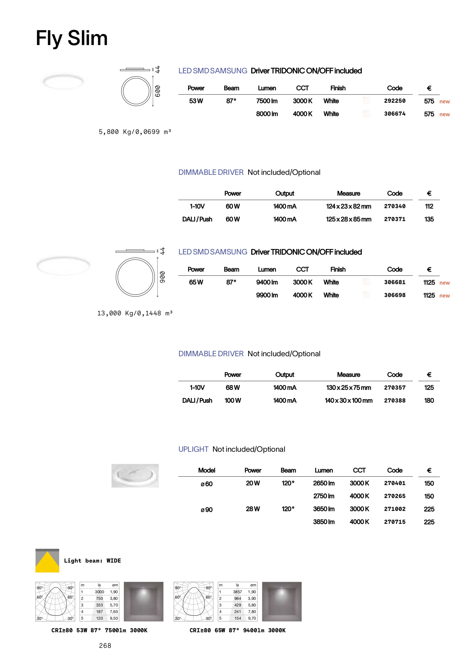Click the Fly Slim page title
coord(72,38)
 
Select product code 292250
coord(395,101)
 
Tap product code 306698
coord(395,295)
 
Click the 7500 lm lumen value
coord(267,101)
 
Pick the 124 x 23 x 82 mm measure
coord(349,206)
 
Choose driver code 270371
coord(395,219)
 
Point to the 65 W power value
coord(196,282)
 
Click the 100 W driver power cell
coord(233,400)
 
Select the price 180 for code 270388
coord(429,400)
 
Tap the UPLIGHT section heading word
coord(193,449)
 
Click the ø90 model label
coord(207,510)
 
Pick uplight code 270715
coord(395,522)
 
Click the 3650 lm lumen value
coord(324,509)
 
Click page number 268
coord(105,646)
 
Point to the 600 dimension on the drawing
coord(158,91)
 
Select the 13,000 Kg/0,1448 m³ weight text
coord(135,313)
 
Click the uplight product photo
coord(135,476)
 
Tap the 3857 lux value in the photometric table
coord(237,592)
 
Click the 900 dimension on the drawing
coord(162,277)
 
